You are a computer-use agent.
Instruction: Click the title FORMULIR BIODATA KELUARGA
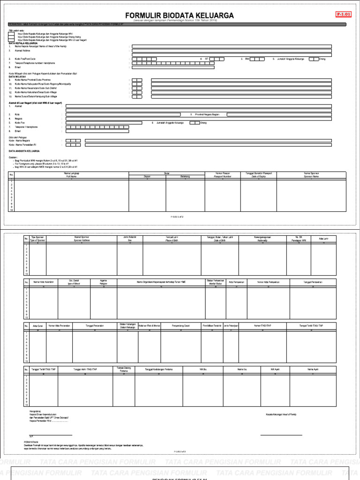tap(180, 15)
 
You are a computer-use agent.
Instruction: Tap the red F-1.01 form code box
tap(344, 15)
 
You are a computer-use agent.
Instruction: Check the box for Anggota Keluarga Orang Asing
tap(11, 37)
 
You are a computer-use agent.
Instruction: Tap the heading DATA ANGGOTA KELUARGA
tap(24, 151)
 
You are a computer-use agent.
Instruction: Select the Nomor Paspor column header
tap(223, 175)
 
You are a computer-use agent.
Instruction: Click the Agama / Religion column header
tap(104, 282)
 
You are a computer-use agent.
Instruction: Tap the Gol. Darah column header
tap(74, 282)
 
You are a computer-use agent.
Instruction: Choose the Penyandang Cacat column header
tap(181, 325)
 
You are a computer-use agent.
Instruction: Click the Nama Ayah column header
tap(313, 369)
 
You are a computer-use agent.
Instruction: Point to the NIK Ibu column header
tap(200, 369)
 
